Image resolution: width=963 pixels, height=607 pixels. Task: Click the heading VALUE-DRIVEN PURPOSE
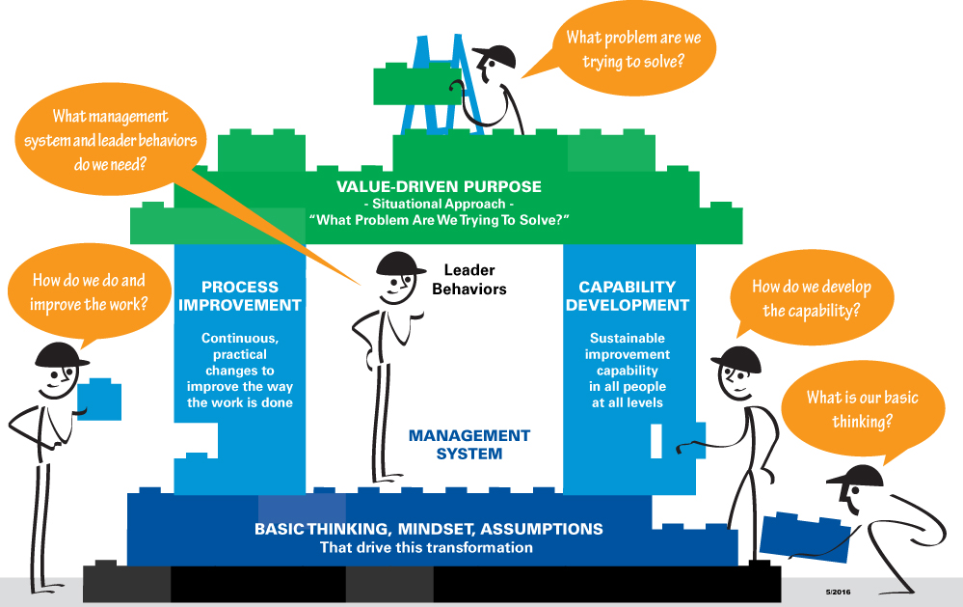(x=439, y=186)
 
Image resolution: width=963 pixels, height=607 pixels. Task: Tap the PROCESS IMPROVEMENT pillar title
(x=239, y=295)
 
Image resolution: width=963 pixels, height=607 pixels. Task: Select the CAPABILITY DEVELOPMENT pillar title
(x=628, y=295)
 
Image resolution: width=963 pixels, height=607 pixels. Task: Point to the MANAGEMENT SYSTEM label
(x=469, y=444)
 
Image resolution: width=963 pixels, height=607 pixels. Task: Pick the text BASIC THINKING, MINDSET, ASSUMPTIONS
(x=428, y=529)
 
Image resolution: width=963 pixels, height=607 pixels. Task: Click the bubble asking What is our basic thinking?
(x=862, y=410)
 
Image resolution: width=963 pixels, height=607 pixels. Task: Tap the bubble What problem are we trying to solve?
(x=633, y=49)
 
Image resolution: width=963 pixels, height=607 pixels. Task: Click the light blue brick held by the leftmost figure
(x=96, y=399)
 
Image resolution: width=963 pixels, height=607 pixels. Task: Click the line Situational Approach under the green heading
(x=439, y=204)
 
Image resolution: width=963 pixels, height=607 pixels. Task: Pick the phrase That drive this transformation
(x=426, y=547)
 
